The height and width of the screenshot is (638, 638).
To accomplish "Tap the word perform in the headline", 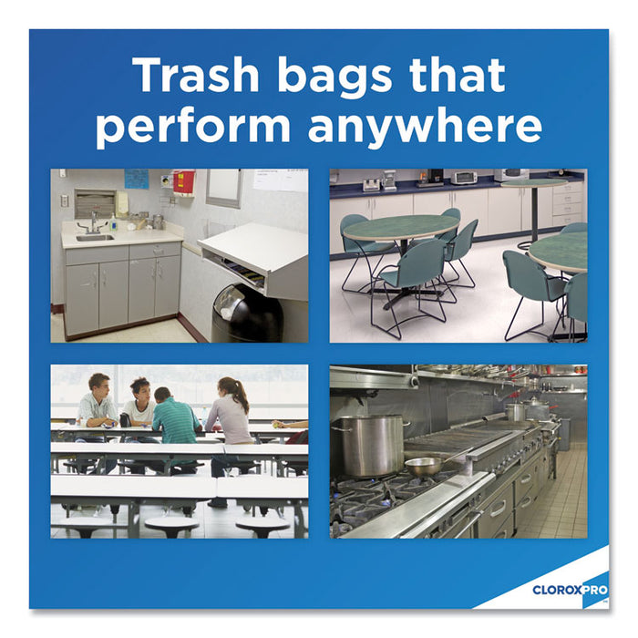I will click(x=195, y=127).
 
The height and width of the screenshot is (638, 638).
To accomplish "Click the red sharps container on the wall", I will click(x=184, y=182).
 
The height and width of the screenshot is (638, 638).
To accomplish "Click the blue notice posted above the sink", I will click(x=137, y=179).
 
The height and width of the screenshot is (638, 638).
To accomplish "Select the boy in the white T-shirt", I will click(x=139, y=407).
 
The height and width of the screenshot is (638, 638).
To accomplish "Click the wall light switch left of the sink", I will click(x=64, y=201).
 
